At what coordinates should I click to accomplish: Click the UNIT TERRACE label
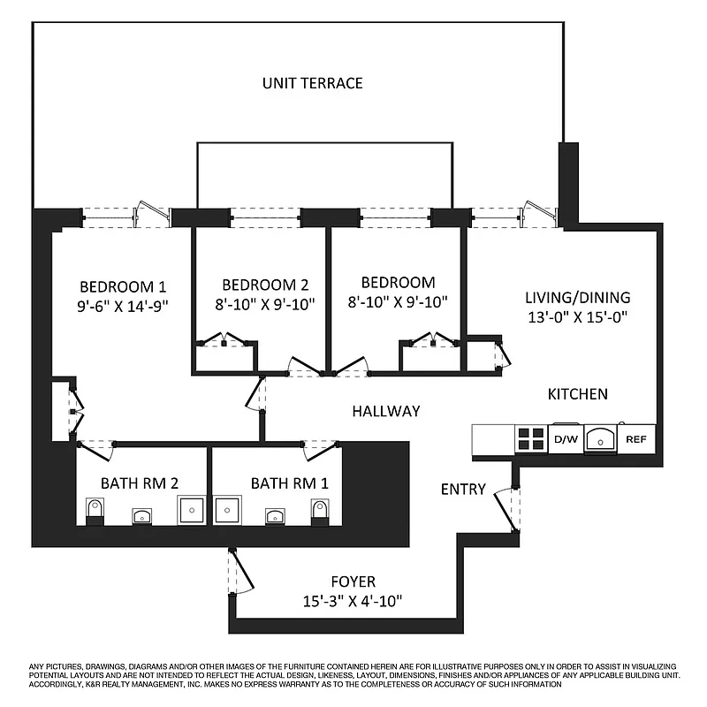(312, 83)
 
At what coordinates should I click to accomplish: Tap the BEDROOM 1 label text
(123, 286)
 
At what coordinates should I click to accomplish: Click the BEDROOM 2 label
(265, 285)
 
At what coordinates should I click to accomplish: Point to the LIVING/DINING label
(578, 298)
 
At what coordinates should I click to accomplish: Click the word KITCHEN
(577, 393)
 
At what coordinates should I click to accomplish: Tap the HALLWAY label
(385, 411)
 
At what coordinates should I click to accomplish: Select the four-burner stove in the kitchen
(530, 439)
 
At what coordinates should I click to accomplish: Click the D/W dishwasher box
(566, 439)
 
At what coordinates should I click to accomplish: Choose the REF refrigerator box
(636, 439)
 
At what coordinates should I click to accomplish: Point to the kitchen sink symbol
(600, 438)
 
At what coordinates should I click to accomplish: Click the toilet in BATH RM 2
(95, 511)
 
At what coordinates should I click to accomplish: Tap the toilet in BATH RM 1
(320, 511)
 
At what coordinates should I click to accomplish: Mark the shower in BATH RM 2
(193, 510)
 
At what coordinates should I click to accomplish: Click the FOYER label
(353, 582)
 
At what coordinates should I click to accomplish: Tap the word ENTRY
(463, 489)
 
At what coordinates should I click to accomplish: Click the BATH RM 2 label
(140, 483)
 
